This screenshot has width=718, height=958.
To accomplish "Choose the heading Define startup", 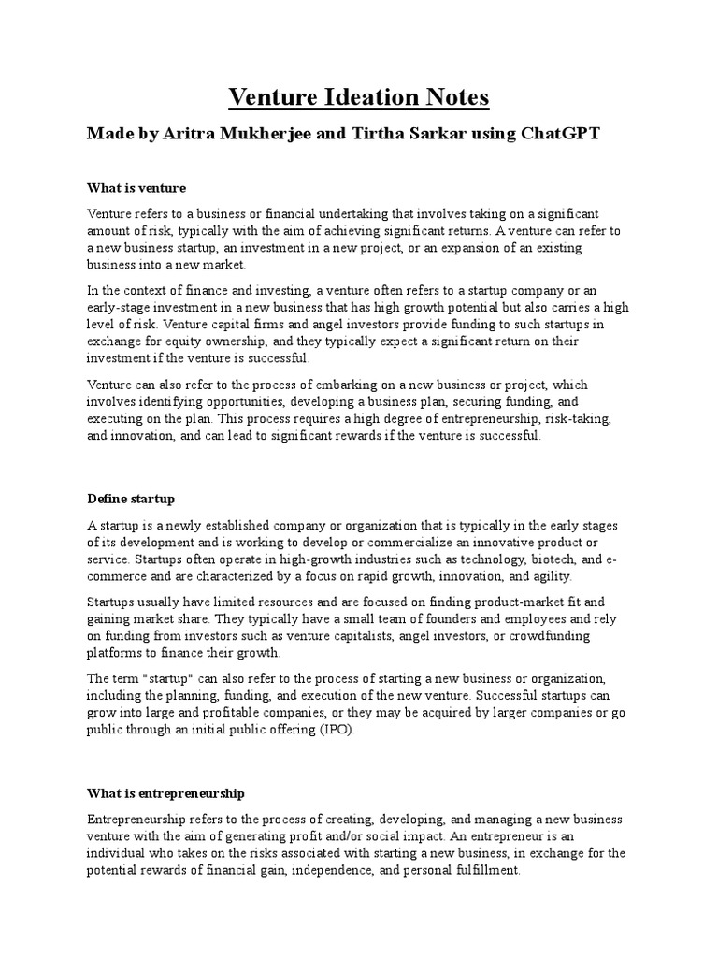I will (131, 499).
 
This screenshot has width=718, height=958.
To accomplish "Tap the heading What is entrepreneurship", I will (165, 793).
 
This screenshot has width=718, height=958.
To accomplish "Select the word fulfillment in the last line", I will (481, 869).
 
